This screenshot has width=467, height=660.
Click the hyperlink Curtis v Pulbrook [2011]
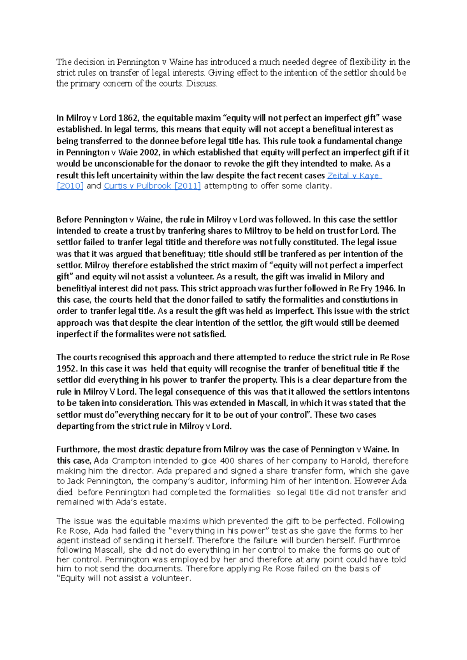tap(152, 186)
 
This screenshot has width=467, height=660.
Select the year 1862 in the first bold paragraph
tap(128, 118)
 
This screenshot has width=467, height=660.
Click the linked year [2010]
tap(70, 186)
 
